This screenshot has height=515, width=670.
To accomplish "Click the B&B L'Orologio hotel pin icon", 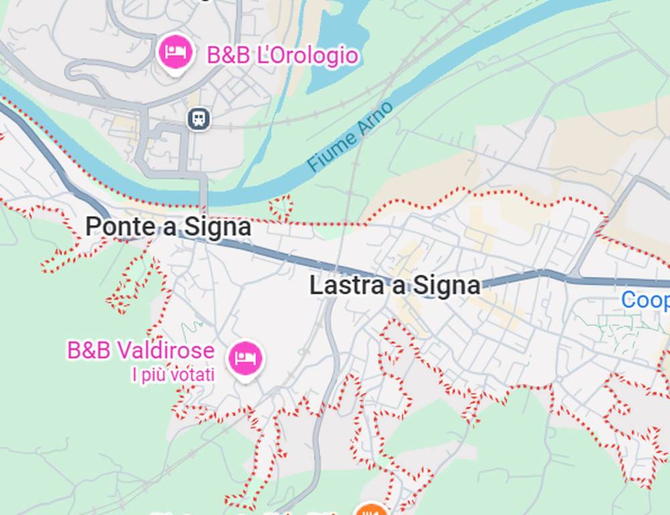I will tap(176, 52).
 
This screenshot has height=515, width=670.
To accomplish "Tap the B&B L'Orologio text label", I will tap(282, 56).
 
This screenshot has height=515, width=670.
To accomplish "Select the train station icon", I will tap(198, 119).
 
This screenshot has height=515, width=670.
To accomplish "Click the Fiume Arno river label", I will tap(350, 136).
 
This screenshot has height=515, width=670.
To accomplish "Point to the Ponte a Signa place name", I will tap(168, 227).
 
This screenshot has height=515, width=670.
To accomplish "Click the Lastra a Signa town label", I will tap(395, 286).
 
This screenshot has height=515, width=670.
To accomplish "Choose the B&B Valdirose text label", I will tap(141, 350).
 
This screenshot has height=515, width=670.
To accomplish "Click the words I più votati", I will tap(173, 374).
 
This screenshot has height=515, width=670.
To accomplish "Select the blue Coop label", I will tap(645, 300).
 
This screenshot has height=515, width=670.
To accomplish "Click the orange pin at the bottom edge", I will tap(371, 510).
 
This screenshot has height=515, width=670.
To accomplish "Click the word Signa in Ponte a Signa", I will tap(218, 227).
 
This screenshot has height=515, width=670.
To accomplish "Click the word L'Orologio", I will tap(308, 56).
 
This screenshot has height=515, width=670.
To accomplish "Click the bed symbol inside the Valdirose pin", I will tap(245, 357).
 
